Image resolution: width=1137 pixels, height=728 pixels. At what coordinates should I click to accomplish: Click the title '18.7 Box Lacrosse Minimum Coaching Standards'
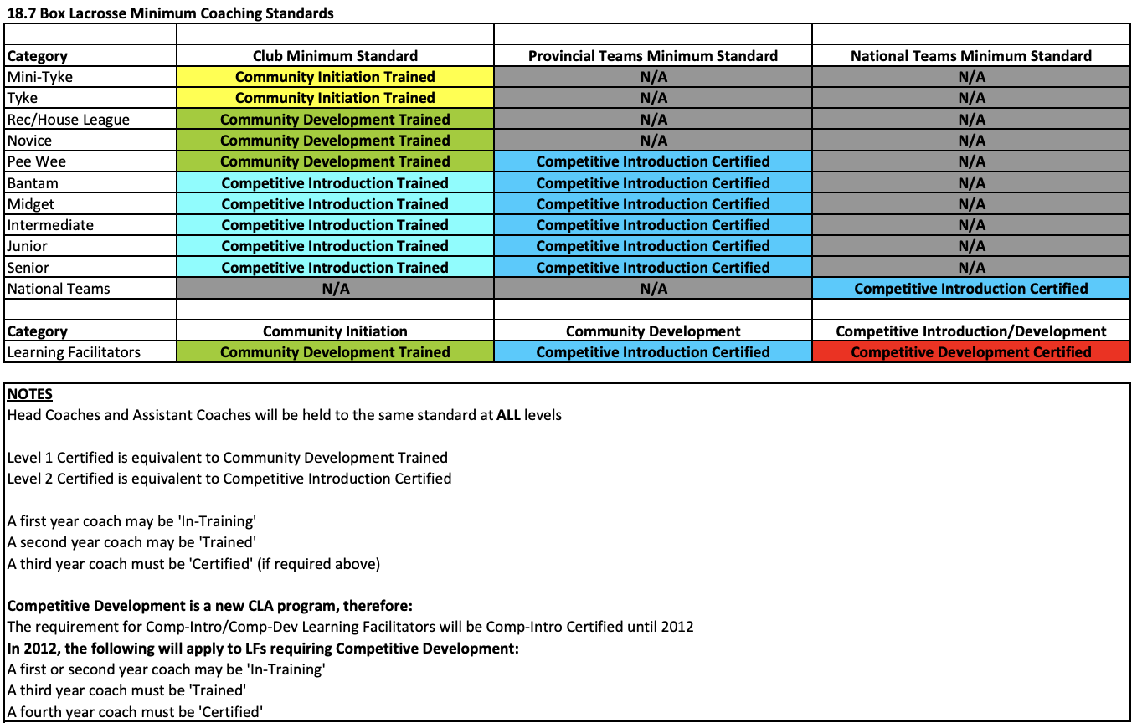170,13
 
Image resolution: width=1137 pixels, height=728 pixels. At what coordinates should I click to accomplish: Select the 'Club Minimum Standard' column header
335,56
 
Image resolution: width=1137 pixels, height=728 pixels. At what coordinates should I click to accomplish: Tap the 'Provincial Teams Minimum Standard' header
652,56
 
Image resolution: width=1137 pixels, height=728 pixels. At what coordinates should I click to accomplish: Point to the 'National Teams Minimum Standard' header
970,56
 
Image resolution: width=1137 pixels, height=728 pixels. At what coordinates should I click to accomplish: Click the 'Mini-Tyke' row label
40,77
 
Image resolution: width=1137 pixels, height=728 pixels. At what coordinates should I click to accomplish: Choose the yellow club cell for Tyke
335,98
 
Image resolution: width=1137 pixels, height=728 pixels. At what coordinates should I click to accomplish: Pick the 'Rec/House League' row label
69,120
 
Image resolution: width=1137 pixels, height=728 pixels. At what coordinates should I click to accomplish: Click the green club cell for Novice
335,141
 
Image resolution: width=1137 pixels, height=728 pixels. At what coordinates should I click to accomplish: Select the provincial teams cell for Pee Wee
652,161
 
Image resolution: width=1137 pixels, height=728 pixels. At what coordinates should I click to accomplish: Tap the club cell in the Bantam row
335,183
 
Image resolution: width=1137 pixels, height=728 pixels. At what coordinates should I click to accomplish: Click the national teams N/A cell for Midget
970,204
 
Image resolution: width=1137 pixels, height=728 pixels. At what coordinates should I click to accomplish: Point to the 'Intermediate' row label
50,225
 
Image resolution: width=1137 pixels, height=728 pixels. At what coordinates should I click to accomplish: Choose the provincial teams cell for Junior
652,246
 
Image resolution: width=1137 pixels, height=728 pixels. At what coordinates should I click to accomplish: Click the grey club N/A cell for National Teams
335,289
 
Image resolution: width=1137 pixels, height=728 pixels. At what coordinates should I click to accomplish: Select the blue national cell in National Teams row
970,289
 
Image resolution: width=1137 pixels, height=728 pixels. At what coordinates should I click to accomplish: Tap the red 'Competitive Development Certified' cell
970,352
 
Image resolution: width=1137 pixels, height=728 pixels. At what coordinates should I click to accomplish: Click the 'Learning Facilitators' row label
74,352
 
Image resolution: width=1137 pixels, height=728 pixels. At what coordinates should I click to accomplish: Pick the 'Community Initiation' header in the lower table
335,331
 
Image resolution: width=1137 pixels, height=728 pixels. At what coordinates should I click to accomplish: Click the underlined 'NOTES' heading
29,394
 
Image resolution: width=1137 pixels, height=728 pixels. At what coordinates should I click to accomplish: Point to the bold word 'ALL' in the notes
509,415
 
